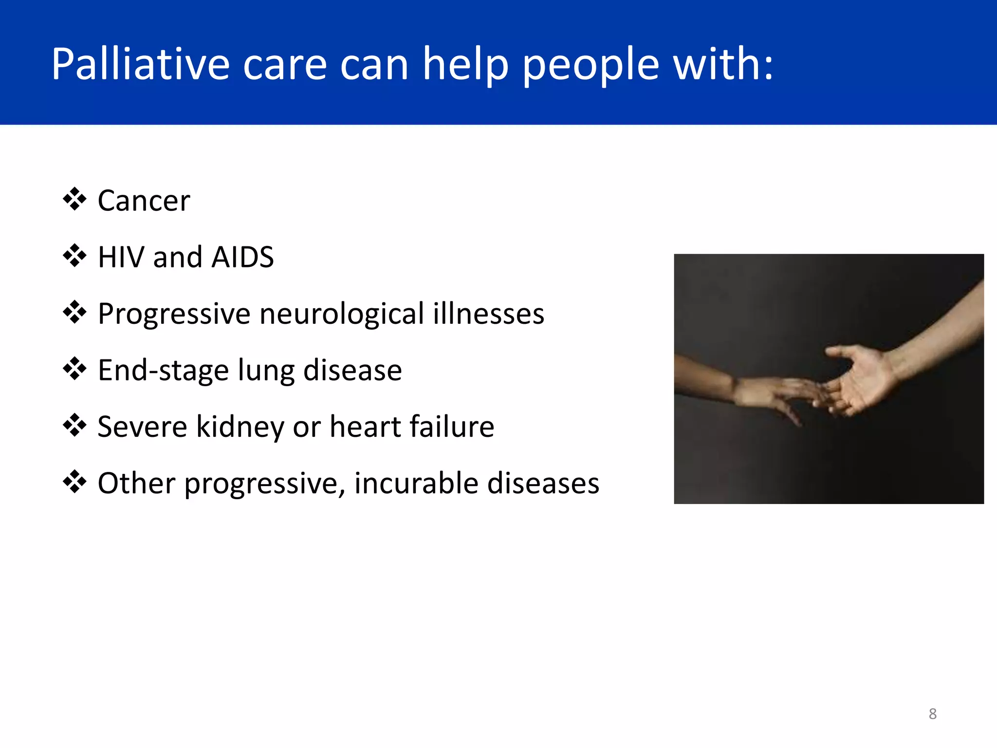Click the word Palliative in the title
pos(140,64)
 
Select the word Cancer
pos(144,201)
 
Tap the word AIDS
pos(242,257)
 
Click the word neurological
pos(342,314)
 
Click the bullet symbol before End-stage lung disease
pos(74,369)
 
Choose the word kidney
pos(240,428)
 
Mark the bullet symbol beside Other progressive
pos(74,482)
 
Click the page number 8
pos(932,714)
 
